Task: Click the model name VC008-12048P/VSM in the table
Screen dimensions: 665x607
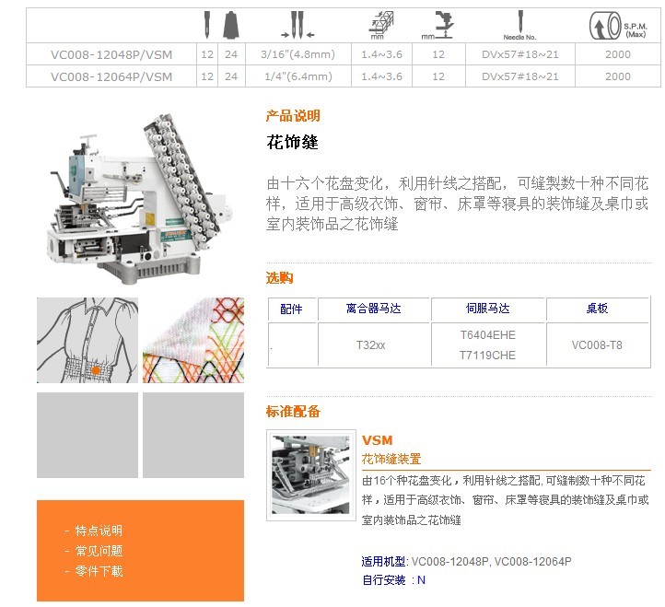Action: (111, 54)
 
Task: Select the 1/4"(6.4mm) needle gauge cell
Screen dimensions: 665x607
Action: (298, 76)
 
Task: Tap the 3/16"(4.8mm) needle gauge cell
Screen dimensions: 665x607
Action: (298, 54)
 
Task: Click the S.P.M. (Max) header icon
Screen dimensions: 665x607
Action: (618, 27)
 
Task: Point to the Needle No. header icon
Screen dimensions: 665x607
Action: (520, 26)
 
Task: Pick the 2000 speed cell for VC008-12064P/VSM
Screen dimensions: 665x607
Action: (618, 76)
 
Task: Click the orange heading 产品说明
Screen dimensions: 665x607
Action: (293, 116)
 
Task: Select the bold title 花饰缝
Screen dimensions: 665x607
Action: (292, 142)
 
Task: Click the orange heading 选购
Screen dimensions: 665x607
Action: (279, 278)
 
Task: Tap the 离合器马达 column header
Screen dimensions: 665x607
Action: (374, 309)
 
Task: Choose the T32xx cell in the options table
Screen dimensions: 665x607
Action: (371, 345)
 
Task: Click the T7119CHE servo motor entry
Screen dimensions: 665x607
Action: (488, 356)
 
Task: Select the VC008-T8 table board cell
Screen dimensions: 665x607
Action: (597, 345)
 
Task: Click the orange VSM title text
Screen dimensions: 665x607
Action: (378, 440)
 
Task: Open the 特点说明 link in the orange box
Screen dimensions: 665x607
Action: (99, 531)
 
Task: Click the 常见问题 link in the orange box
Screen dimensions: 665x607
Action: (99, 551)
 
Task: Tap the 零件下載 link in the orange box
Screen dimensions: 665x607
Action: (99, 571)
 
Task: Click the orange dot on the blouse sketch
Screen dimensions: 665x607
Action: (96, 370)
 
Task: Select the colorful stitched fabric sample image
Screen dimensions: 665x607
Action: (193, 340)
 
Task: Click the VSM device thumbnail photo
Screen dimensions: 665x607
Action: (311, 475)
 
